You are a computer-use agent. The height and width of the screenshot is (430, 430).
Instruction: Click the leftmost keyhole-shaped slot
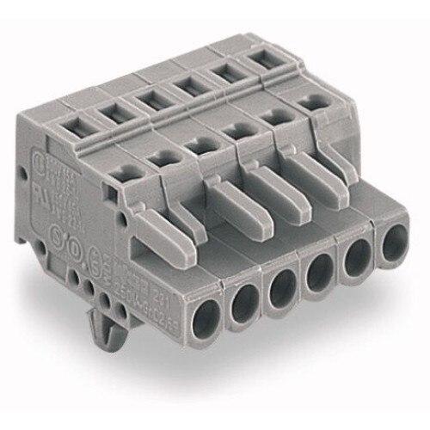point(158,157)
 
